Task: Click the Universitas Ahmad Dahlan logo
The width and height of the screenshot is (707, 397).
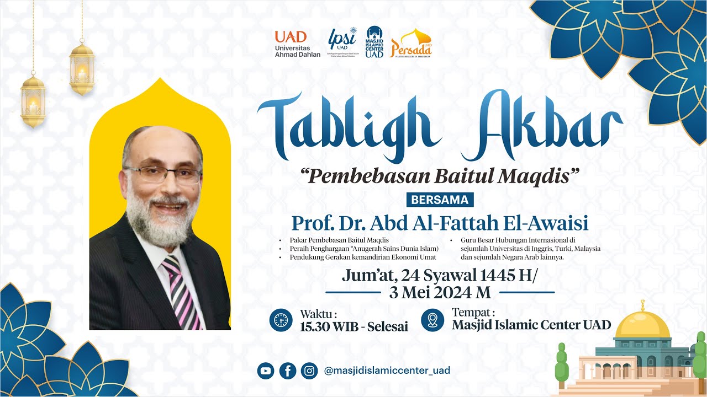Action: click(297, 44)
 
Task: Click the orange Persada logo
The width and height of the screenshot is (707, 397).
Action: click(411, 44)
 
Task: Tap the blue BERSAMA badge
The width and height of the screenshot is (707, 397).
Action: click(440, 199)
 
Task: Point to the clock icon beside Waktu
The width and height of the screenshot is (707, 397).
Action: click(281, 320)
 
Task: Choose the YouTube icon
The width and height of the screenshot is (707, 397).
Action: click(266, 371)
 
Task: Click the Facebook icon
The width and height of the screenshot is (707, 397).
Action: click(288, 371)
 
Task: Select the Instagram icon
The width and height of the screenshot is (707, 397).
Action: click(309, 371)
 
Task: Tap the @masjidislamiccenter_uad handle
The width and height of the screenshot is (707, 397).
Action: click(387, 371)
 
